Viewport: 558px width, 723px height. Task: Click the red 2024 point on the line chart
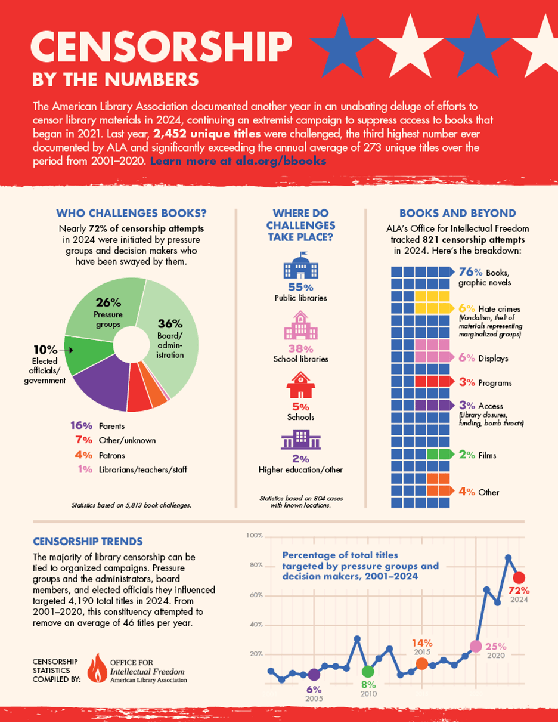pos(519,577)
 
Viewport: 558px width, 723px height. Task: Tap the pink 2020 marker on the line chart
pos(476,646)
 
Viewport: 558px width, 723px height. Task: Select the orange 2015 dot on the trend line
pos(421,663)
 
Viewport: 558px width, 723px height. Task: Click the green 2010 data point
pos(368,672)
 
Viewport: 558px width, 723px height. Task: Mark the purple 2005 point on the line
pos(314,675)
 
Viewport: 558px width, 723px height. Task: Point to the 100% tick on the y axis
pos(255,536)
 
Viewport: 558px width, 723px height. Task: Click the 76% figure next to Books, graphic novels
pos(470,272)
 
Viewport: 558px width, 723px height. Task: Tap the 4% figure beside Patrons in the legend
pos(83,455)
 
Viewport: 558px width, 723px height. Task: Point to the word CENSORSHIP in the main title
pos(161,49)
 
